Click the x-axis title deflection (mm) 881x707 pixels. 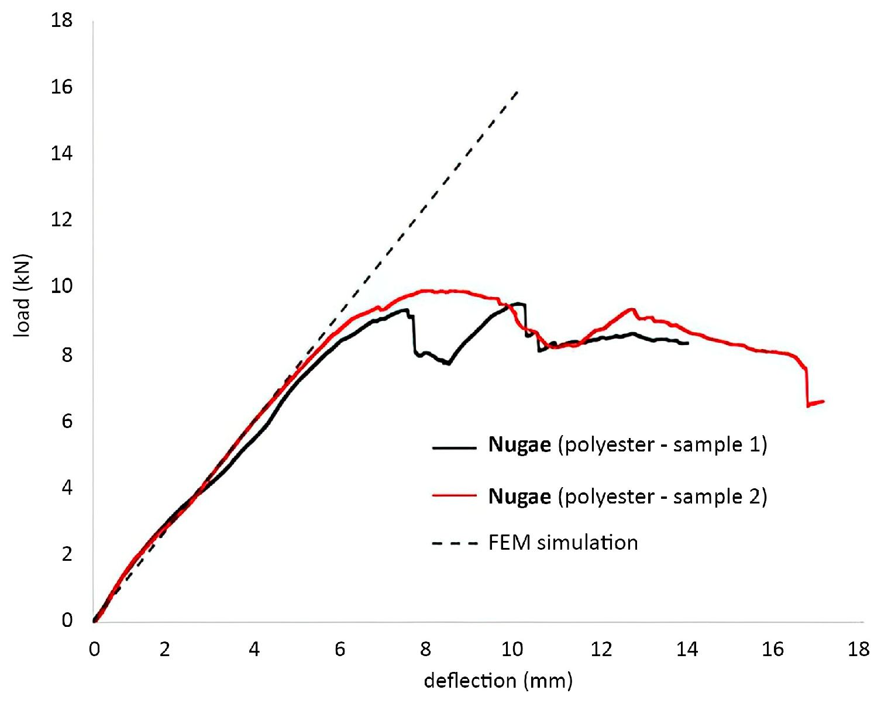coord(498,681)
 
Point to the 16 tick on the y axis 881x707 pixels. coord(61,87)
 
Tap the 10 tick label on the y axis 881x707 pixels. coord(61,287)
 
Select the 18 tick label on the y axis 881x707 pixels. coord(61,20)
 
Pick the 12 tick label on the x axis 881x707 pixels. coord(601,649)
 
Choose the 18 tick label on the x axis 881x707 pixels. coord(858,649)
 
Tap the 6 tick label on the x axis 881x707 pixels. coord(340,649)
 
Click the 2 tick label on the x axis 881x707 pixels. coord(164,649)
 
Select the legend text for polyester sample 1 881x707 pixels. coord(627,445)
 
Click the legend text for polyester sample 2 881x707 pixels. coord(627,496)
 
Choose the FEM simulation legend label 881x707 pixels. coord(563,543)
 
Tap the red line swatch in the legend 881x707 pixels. coord(455,496)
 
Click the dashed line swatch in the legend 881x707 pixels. coord(455,543)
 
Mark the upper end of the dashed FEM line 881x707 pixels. coord(518,91)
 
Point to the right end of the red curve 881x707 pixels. coord(823,401)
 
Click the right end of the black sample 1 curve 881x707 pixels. coord(688,343)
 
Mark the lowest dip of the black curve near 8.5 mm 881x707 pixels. coord(448,364)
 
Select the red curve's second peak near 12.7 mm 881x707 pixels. coord(631,309)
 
